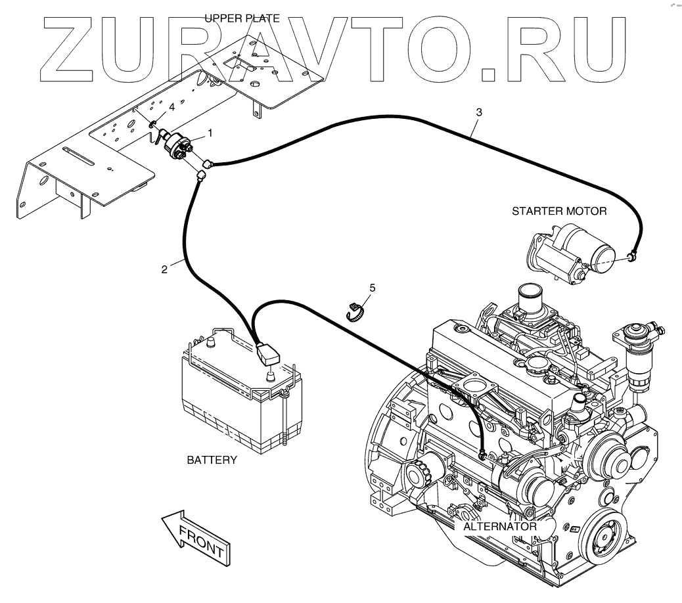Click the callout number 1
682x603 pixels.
click(210, 133)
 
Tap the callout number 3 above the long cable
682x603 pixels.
click(479, 112)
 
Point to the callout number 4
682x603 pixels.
click(171, 106)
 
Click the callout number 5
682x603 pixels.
click(372, 287)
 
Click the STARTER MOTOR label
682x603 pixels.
click(559, 212)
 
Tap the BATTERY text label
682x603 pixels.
click(212, 460)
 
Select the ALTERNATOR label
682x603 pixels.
click(500, 526)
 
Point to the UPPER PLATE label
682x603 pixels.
click(242, 18)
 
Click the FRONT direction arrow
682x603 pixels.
click(196, 535)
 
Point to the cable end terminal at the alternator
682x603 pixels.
click(483, 453)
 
